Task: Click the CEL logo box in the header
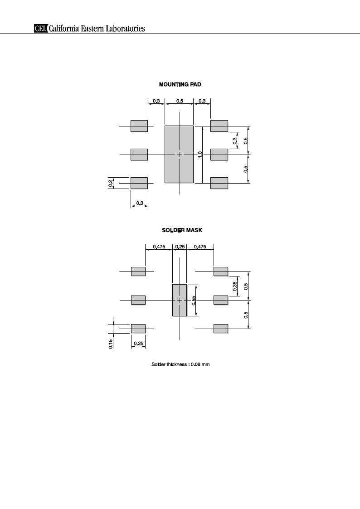(x=40, y=29)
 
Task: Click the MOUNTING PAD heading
(x=180, y=84)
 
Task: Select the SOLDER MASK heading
(x=182, y=230)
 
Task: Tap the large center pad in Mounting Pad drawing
(x=179, y=155)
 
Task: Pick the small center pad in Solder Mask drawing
(x=180, y=300)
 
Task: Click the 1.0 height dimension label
(x=200, y=155)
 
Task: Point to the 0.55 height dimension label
(x=194, y=301)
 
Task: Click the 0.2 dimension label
(x=111, y=184)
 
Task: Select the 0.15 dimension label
(x=111, y=344)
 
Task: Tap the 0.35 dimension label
(x=235, y=286)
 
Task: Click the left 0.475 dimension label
(x=159, y=247)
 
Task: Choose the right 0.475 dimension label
(x=200, y=247)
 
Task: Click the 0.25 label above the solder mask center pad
(x=180, y=247)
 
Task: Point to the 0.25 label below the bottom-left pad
(x=139, y=344)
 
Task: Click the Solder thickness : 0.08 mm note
(x=180, y=364)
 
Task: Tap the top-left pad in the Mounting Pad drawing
(x=139, y=126)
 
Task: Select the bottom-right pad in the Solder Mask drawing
(x=221, y=329)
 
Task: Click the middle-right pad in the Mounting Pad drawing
(x=219, y=155)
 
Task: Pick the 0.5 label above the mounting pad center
(x=180, y=101)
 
